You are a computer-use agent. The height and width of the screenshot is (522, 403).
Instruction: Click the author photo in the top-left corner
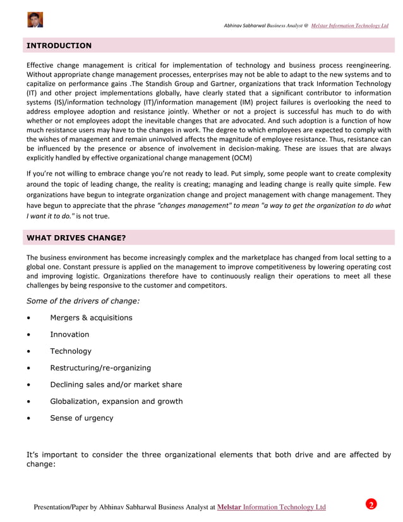[x=35, y=20]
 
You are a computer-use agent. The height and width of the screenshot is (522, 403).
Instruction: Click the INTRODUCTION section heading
[x=59, y=46]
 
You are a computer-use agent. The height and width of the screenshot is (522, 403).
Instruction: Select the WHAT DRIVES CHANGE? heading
[x=75, y=238]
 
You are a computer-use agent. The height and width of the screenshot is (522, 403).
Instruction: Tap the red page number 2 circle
[x=371, y=504]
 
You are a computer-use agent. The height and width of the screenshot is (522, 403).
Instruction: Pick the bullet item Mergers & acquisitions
[x=91, y=317]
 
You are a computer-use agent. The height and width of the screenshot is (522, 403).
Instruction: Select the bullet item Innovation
[x=69, y=334]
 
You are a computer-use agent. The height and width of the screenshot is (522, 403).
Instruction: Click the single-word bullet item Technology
[x=71, y=351]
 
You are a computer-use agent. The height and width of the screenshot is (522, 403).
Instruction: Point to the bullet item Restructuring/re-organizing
[x=100, y=368]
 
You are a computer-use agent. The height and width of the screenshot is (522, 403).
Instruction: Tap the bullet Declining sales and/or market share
[x=116, y=384]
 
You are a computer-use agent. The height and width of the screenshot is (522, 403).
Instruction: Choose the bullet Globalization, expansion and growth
[x=116, y=401]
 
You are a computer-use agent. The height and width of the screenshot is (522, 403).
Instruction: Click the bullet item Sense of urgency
[x=81, y=418]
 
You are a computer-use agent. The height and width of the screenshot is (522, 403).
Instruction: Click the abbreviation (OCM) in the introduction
[x=238, y=157]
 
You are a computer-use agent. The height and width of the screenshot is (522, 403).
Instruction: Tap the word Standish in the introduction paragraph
[x=159, y=83]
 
